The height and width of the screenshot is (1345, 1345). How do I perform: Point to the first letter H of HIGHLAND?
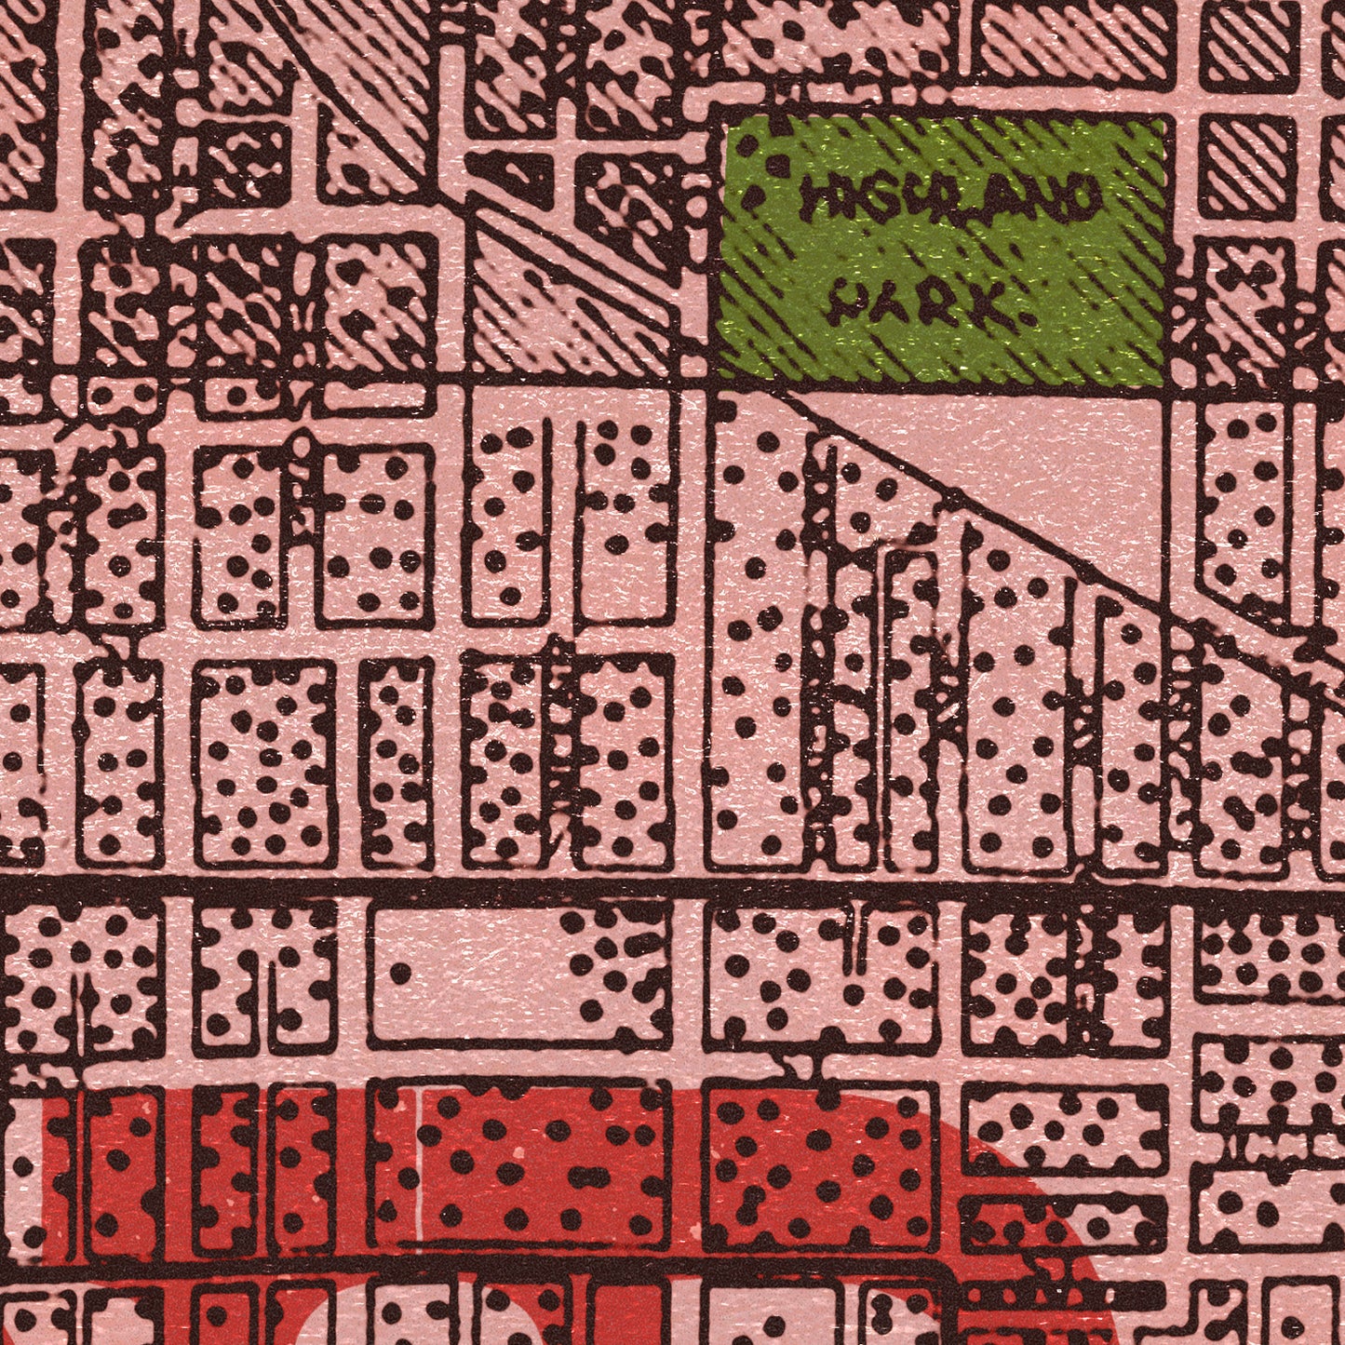click(820, 196)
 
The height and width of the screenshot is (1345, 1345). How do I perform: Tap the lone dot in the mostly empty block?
click(400, 974)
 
